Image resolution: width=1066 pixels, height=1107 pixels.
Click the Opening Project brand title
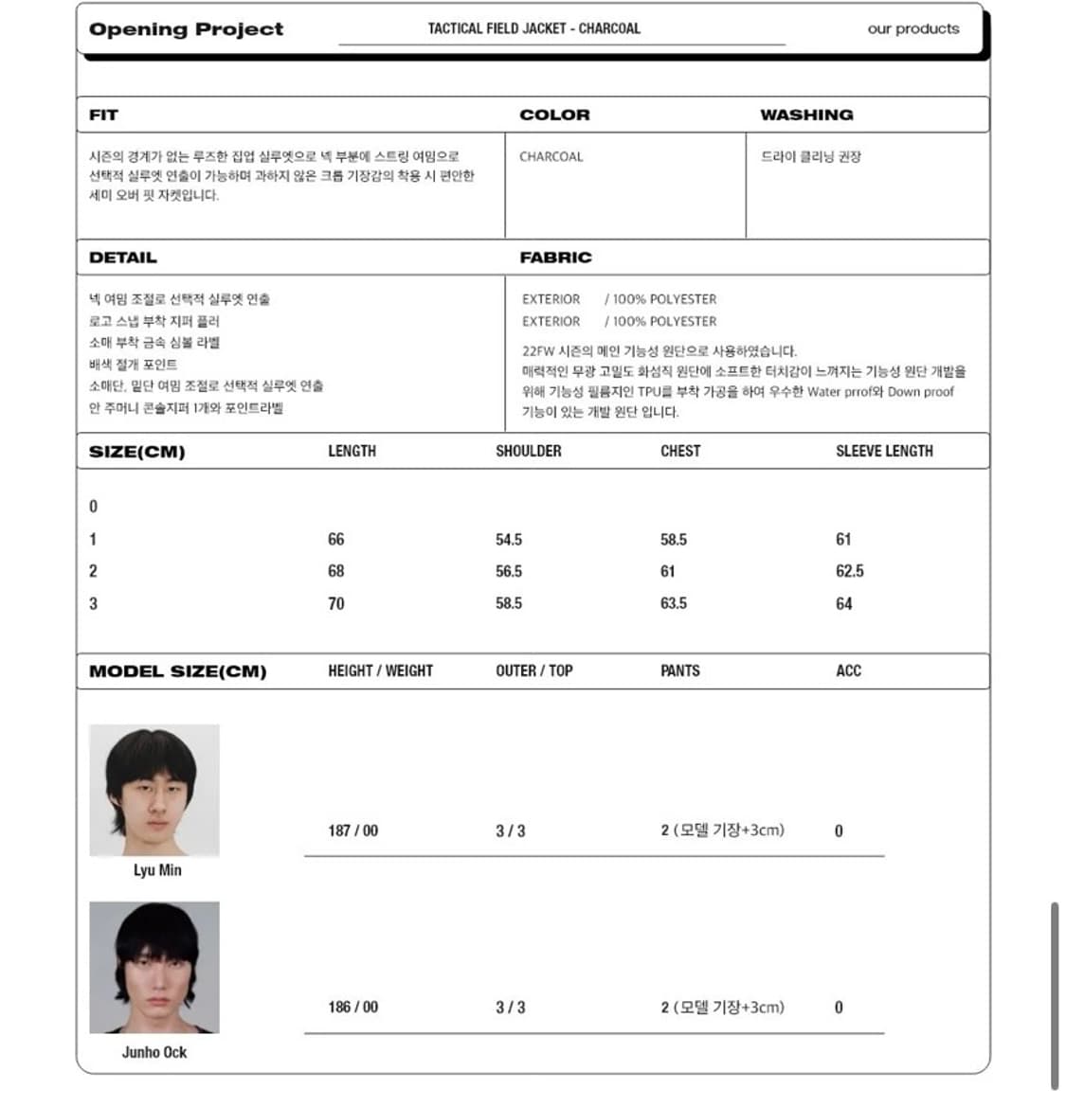186,29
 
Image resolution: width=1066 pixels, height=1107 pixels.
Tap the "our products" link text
912,28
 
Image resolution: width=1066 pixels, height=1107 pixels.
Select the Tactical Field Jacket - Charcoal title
533,28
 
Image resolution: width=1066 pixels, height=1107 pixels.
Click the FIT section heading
103,115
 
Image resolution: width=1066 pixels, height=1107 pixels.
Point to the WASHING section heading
806,115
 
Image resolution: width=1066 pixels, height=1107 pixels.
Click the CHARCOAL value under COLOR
551,156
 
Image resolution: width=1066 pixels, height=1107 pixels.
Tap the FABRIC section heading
555,257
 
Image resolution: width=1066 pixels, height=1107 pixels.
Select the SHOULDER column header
528,451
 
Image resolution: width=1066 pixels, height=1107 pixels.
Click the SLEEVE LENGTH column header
883,451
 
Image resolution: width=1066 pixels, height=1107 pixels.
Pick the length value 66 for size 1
335,539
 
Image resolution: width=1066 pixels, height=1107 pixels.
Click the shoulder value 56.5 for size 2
508,571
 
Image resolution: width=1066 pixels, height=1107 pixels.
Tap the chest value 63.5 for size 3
673,603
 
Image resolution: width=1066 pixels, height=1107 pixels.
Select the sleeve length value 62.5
849,571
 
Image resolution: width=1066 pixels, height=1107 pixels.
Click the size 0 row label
93,507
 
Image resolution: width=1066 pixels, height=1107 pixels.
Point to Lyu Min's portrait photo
154,790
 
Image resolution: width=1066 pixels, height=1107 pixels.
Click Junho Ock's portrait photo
154,967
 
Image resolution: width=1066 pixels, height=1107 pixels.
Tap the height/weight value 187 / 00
352,830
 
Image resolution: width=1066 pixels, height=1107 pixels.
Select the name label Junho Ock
154,1052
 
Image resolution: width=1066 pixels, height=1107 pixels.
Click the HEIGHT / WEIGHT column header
380,670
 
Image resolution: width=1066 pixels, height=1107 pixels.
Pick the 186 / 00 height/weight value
352,1008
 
